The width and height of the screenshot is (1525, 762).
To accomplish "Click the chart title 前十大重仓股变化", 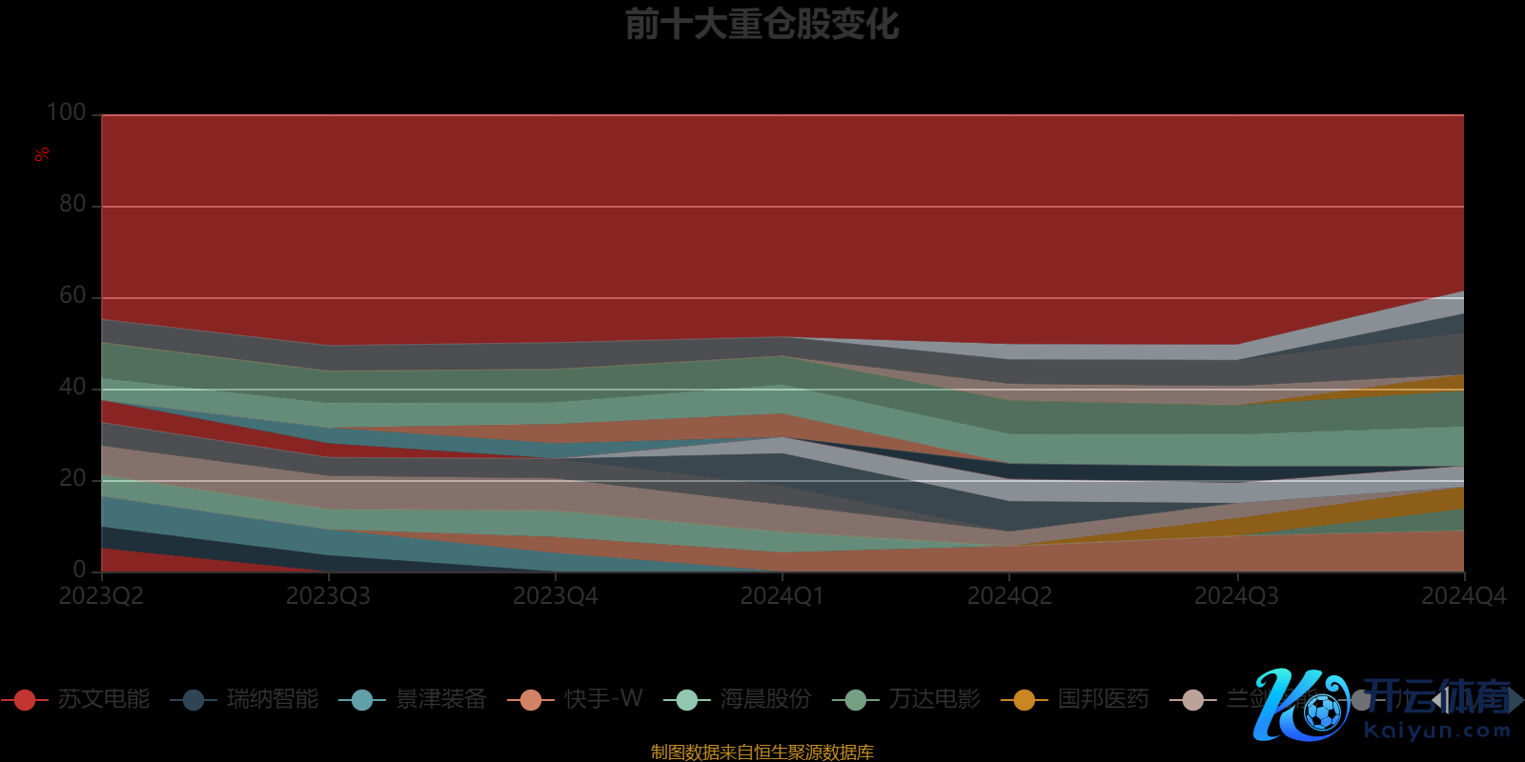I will (762, 25).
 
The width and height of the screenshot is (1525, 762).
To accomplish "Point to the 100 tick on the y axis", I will (67, 112).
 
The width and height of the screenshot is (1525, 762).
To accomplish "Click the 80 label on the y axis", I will (72, 204).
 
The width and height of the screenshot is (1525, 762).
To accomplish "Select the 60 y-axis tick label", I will (72, 295).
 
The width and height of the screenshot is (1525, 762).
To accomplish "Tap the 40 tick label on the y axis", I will (72, 387).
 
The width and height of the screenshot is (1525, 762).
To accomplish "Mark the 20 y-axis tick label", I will (72, 478).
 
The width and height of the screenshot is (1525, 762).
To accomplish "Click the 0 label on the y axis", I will (79, 569).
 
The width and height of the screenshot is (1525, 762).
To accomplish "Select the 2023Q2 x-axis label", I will (101, 596).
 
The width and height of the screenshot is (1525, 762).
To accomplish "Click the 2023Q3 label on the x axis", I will (328, 596).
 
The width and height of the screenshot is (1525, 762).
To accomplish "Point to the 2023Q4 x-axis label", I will (556, 596).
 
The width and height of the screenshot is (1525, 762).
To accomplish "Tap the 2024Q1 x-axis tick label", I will (783, 596).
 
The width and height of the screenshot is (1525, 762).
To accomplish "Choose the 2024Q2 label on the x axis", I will (1009, 596).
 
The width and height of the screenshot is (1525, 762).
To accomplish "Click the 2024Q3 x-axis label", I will (1236, 596).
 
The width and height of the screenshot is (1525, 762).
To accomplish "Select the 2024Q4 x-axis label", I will (1463, 596).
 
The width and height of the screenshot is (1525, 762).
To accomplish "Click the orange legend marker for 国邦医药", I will (1025, 700).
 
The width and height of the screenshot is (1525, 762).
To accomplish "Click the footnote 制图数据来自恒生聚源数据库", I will (762, 752).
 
